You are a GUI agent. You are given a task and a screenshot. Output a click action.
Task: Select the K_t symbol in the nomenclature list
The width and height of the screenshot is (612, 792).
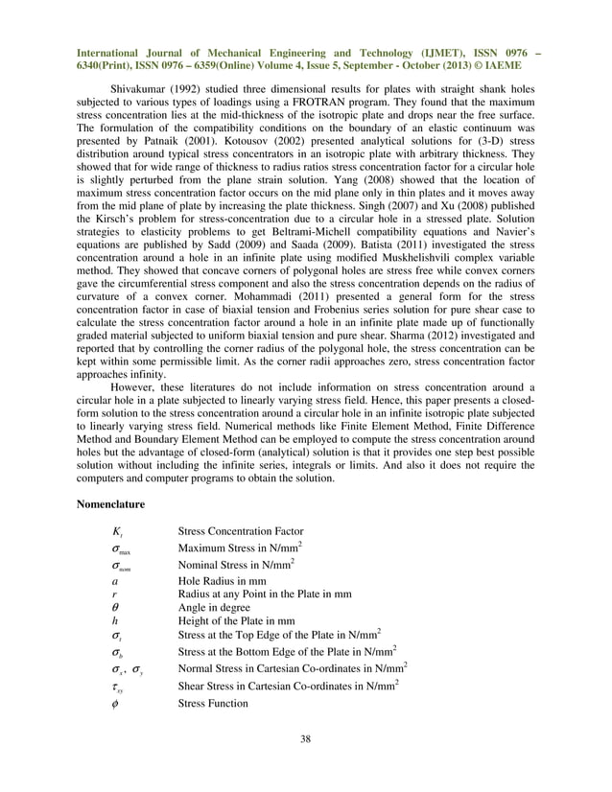click(116, 531)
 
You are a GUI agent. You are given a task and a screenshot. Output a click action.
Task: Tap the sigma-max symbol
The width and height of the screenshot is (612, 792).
click(120, 548)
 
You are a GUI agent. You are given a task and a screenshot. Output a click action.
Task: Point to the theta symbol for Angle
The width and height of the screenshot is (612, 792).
click(115, 606)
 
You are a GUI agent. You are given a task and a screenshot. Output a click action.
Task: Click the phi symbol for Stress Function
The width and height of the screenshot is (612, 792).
click(115, 703)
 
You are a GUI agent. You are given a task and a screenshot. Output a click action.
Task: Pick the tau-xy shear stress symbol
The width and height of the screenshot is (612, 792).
click(118, 685)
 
